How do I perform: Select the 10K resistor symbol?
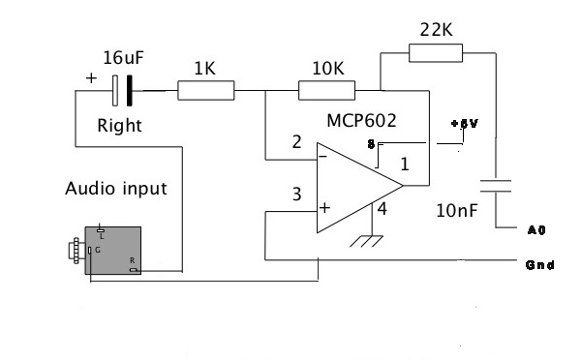point(327,91)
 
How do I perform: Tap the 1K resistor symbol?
point(206,91)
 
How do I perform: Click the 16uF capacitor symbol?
point(122,91)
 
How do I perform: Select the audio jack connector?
point(108,250)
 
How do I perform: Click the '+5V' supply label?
point(464,125)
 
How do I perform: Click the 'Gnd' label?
point(538,264)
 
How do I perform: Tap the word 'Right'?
point(120,126)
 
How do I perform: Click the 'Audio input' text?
point(116,188)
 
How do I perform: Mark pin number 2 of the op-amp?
point(297,143)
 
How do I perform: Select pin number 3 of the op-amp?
point(297,195)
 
